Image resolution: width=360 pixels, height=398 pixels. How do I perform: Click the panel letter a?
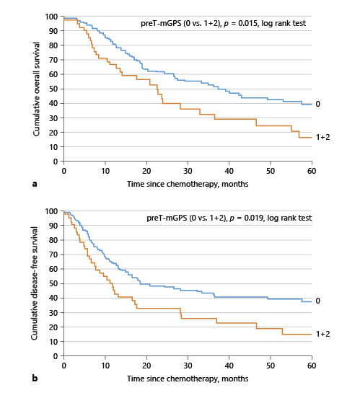coord(35,184)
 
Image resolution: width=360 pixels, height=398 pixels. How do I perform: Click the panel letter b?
coord(35,378)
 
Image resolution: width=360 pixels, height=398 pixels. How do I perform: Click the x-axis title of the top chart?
coord(187,184)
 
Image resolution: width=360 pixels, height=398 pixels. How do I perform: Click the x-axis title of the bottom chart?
coord(187,378)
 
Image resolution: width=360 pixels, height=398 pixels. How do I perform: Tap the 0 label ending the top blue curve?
coord(317,104)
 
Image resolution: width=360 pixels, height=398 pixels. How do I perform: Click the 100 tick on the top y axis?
coord(52,17)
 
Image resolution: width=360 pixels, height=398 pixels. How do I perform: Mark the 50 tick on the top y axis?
coord(54,89)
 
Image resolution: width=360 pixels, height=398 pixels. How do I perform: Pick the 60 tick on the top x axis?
coord(312,171)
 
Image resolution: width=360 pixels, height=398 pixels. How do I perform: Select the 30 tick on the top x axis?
coord(188,171)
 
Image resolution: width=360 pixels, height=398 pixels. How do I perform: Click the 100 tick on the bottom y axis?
coord(52,211)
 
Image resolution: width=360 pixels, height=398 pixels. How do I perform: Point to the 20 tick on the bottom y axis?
coord(54,327)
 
